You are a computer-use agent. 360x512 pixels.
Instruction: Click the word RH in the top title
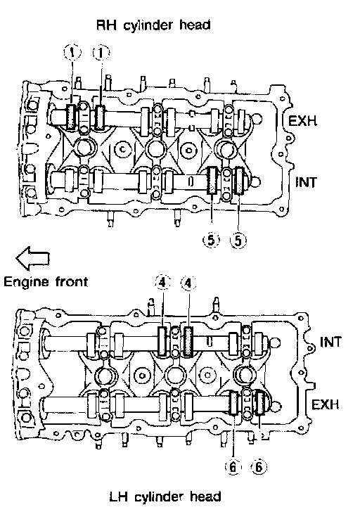click(x=106, y=25)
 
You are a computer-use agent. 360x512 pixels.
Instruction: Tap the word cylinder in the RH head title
click(x=148, y=25)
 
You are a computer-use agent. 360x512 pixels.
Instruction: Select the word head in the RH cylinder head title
click(x=195, y=25)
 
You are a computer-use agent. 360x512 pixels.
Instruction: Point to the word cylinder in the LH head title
click(x=160, y=497)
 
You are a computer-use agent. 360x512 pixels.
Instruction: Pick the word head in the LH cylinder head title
click(x=206, y=497)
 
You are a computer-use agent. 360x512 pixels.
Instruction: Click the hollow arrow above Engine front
click(x=32, y=258)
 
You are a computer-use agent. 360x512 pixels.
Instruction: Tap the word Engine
click(x=26, y=283)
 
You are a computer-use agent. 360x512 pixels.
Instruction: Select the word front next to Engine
click(x=72, y=282)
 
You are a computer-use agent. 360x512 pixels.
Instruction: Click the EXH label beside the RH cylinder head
click(x=302, y=121)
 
